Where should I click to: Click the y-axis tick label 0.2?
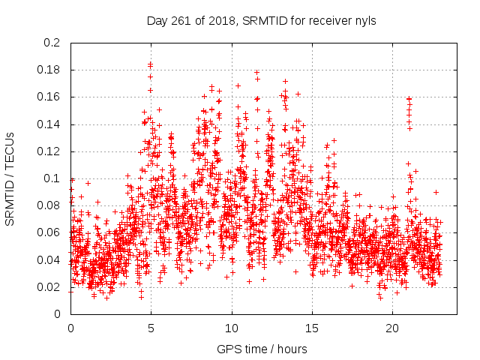point(52,43)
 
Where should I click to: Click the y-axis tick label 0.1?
point(52,178)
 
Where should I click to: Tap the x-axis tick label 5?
point(151,328)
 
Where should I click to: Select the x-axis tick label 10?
point(232,328)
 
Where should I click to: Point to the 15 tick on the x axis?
point(312,328)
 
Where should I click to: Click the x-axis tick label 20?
point(392,328)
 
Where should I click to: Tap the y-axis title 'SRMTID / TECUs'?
point(10,178)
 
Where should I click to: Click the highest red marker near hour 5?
point(151,64)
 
